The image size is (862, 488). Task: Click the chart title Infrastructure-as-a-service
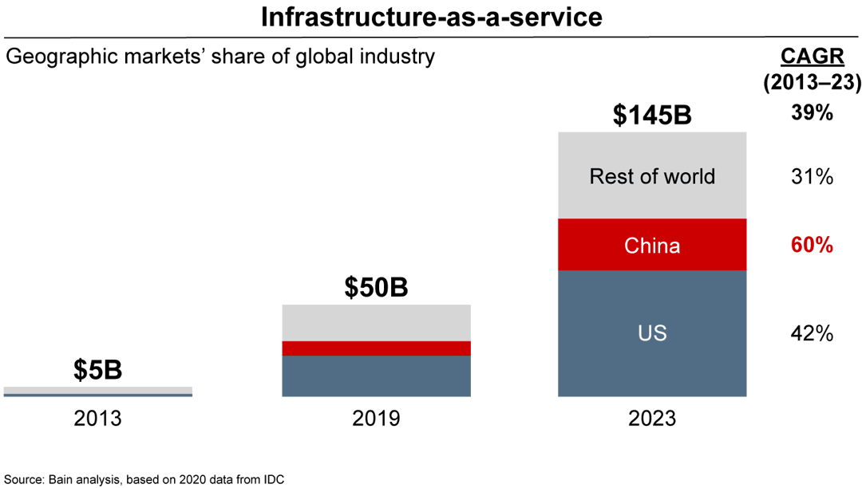click(x=431, y=17)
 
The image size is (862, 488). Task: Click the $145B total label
click(x=651, y=115)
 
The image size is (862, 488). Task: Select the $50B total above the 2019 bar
click(x=376, y=287)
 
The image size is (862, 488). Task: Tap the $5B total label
click(x=97, y=370)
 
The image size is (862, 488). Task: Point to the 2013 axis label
click(x=97, y=418)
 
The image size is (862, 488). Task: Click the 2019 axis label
click(x=376, y=418)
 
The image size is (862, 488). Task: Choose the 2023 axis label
click(x=651, y=418)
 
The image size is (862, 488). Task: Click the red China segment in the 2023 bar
click(x=652, y=245)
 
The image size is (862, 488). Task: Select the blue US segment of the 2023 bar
click(x=652, y=333)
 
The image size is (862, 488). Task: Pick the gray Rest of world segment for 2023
click(x=652, y=175)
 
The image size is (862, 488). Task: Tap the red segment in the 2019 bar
click(x=376, y=348)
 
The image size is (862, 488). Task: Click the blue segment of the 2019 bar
click(x=376, y=376)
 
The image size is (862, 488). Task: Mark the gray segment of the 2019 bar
click(x=376, y=323)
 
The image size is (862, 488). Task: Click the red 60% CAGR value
click(x=812, y=245)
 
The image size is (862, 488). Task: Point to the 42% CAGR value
click(x=812, y=333)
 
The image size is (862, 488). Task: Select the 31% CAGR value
click(x=812, y=175)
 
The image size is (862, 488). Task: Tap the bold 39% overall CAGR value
click(x=812, y=113)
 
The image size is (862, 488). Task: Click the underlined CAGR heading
click(x=812, y=57)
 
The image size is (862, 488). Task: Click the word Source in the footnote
click(x=22, y=479)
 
